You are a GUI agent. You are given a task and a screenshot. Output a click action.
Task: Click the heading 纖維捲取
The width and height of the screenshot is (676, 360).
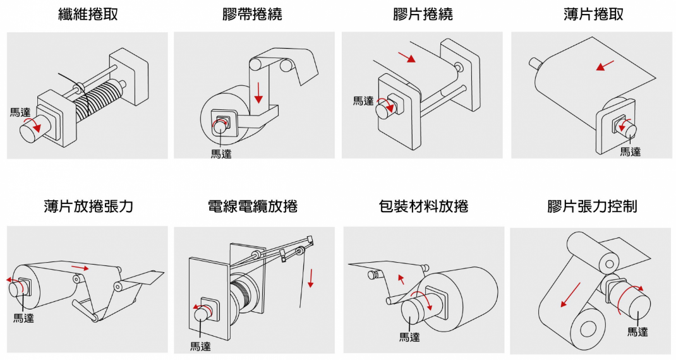pos(88,15)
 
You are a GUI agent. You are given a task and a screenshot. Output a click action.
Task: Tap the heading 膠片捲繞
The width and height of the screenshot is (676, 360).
pos(423,15)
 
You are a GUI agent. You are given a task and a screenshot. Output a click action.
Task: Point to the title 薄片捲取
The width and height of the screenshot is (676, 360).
pos(593,15)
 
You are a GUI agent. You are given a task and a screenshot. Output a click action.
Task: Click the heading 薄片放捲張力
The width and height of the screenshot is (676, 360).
pos(88,206)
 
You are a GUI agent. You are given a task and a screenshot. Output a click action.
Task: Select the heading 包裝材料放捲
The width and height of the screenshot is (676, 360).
pos(423,206)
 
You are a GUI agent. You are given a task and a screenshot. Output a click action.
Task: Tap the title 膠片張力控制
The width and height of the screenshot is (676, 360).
pos(592,206)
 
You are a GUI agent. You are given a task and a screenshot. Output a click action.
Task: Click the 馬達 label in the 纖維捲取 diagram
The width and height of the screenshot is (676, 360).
pos(20,112)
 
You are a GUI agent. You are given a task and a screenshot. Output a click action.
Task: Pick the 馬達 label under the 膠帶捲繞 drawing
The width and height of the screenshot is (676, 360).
pos(221,153)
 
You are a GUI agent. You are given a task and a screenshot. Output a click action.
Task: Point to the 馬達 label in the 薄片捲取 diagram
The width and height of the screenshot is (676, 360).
pos(630,152)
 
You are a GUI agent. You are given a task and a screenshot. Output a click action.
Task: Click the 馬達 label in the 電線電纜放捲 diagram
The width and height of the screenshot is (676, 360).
pos(200,345)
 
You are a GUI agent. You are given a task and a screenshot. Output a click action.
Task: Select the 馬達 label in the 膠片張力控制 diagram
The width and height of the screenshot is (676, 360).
pos(637,331)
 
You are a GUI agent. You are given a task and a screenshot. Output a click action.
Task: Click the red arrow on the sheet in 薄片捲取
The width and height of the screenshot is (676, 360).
pos(605,65)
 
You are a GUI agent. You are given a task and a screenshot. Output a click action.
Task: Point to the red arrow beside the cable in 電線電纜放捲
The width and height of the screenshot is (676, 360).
pos(311,276)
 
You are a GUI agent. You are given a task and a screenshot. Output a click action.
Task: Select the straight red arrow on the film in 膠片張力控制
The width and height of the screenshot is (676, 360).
pos(570,296)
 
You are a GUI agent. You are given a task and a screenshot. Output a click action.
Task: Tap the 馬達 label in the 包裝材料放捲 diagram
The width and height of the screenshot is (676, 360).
pos(409,337)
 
